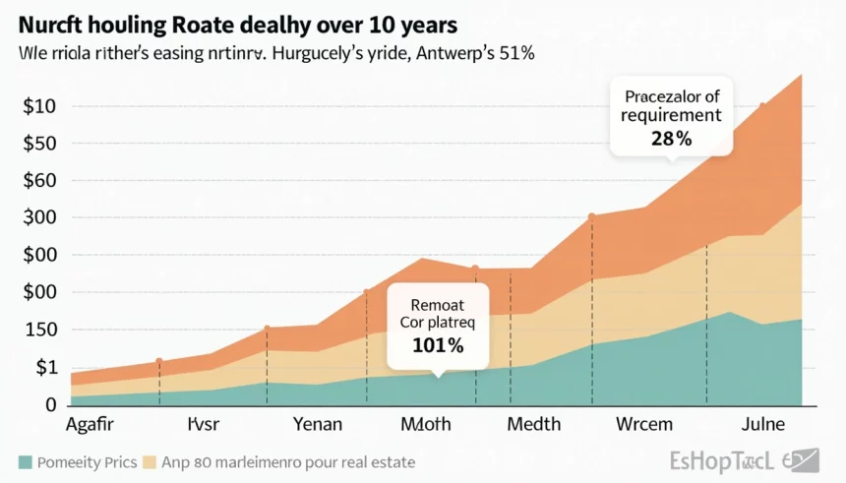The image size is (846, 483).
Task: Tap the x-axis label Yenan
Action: (x=318, y=425)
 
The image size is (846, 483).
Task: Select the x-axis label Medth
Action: (x=533, y=425)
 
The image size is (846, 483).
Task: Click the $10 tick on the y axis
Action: (x=39, y=106)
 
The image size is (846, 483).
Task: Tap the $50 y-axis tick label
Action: (x=39, y=144)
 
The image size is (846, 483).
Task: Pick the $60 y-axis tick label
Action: (x=39, y=181)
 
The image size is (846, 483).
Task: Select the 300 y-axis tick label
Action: (x=39, y=217)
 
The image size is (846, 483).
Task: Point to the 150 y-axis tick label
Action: (x=39, y=330)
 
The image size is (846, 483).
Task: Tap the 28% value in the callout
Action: (x=671, y=139)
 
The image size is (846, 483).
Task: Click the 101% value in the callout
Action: (x=438, y=346)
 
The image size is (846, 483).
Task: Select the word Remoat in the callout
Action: (x=438, y=304)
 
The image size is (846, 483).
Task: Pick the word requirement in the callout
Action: (x=671, y=115)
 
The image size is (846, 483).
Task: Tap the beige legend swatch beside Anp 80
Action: (x=151, y=461)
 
